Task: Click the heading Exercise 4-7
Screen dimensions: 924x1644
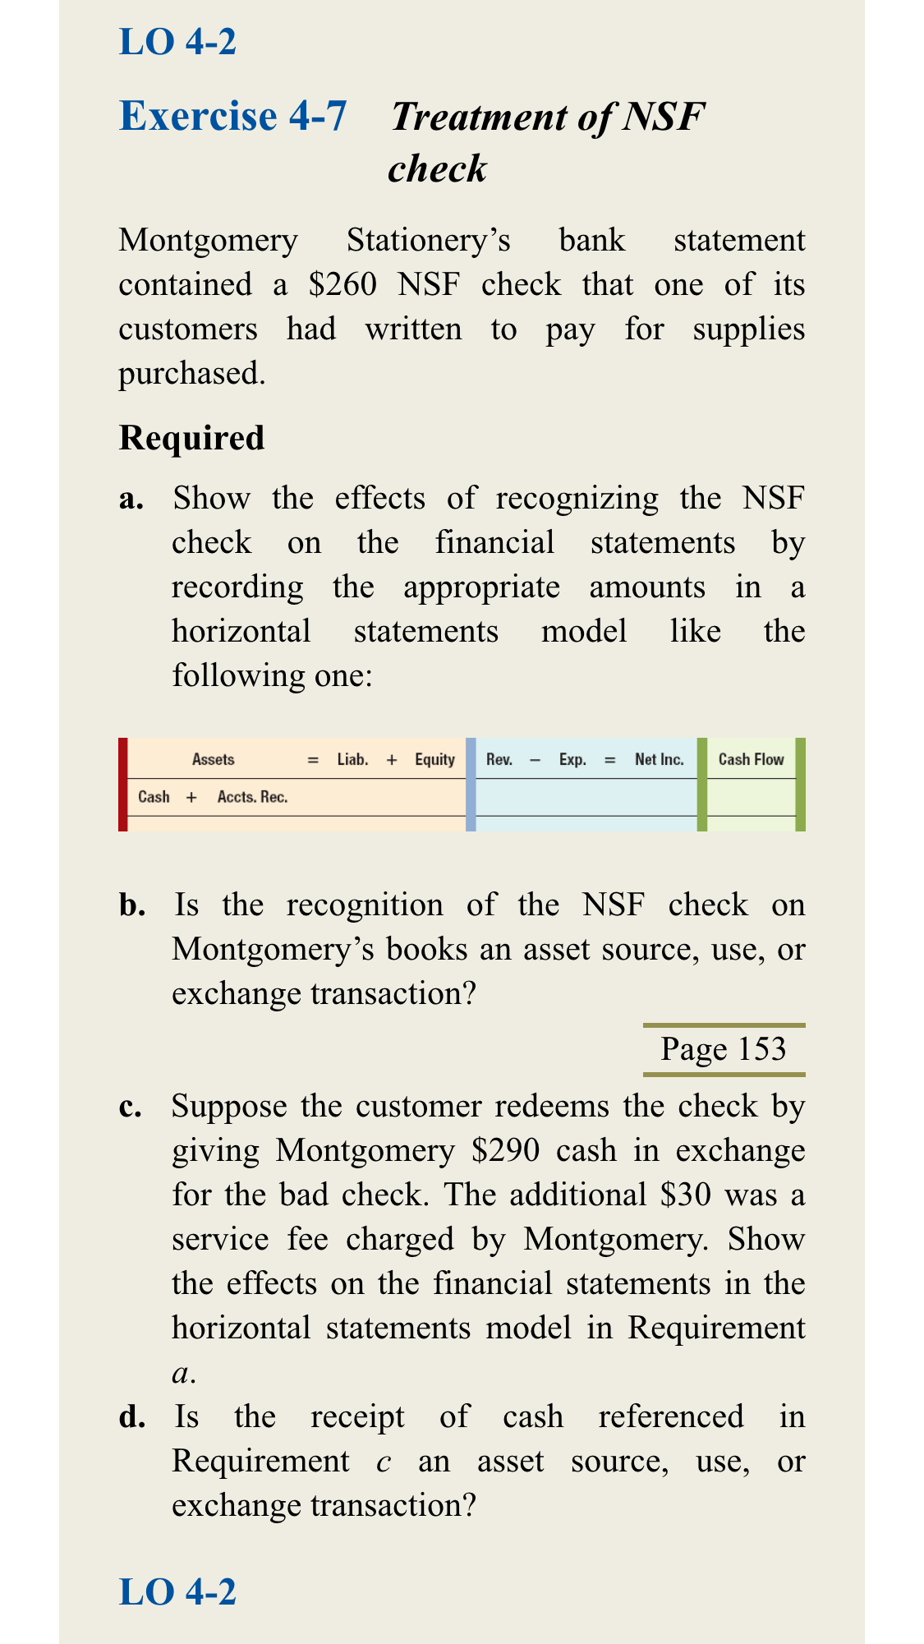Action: pyautogui.click(x=233, y=116)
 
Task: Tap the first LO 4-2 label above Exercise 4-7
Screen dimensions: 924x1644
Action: pyautogui.click(x=177, y=41)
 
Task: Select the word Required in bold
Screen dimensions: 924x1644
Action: pyautogui.click(x=191, y=438)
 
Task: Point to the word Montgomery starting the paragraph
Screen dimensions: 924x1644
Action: pyautogui.click(x=209, y=241)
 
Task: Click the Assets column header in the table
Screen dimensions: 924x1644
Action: pyautogui.click(x=214, y=760)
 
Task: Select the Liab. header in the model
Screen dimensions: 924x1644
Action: pyautogui.click(x=352, y=760)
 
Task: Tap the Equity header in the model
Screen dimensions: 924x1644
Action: pyautogui.click(x=434, y=760)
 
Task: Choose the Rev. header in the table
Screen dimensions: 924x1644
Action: pyautogui.click(x=499, y=760)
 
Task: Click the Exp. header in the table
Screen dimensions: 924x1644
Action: pyautogui.click(x=572, y=760)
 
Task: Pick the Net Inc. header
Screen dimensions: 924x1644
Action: pyautogui.click(x=660, y=760)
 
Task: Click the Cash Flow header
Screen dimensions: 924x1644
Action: pyautogui.click(x=752, y=760)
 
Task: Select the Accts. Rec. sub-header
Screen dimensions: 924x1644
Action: pyautogui.click(x=252, y=797)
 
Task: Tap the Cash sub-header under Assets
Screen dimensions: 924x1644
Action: pyautogui.click(x=154, y=797)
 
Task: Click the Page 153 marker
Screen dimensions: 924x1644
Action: pyautogui.click(x=724, y=1049)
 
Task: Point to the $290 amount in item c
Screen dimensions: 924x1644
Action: pyautogui.click(x=506, y=1150)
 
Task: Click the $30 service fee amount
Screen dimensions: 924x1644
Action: pyautogui.click(x=686, y=1195)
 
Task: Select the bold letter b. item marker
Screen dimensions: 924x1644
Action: pyautogui.click(x=133, y=905)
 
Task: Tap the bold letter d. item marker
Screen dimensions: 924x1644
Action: pyautogui.click(x=133, y=1417)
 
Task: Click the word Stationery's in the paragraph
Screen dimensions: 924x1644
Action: pyautogui.click(x=429, y=241)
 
